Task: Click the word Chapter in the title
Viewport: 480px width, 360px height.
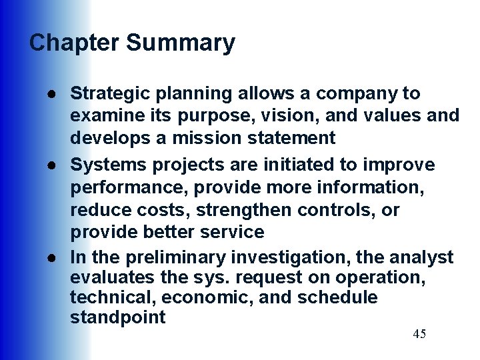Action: click(x=75, y=43)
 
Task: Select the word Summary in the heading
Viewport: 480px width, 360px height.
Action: click(x=181, y=43)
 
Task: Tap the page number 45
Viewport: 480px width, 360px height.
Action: click(x=419, y=334)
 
